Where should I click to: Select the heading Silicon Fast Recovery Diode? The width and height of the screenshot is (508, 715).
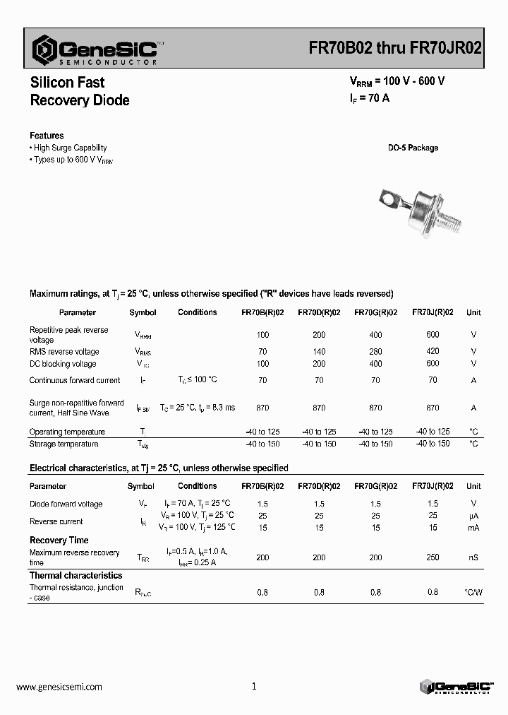79,91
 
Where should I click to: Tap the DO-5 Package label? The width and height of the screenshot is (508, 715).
413,148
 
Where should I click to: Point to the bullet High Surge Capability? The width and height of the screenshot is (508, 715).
70,148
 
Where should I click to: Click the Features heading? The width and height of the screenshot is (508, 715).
47,136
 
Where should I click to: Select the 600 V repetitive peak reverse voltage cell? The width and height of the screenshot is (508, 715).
433,335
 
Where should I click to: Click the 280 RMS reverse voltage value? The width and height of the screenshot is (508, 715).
375,351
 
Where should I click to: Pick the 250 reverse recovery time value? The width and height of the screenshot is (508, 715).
433,557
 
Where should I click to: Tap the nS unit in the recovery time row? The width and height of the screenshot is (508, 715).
473,557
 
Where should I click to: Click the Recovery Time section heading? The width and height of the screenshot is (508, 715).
59,540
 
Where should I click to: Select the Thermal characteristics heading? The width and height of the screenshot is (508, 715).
75,576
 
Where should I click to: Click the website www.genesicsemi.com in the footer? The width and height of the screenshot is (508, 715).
59,687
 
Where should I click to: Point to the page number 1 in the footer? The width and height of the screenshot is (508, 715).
254,686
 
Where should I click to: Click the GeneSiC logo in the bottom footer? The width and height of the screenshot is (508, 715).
456,687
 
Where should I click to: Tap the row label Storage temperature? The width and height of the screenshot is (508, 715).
64,444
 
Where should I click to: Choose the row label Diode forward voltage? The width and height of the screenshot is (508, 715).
66,504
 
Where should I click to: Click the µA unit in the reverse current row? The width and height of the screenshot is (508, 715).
473,516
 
